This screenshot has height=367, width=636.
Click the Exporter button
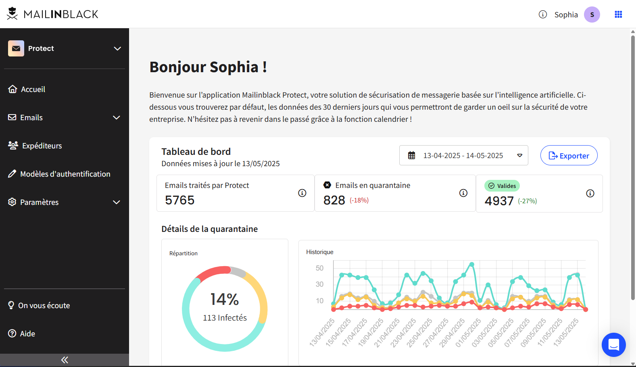click(x=569, y=156)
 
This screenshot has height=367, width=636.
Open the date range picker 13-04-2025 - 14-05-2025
click(x=463, y=156)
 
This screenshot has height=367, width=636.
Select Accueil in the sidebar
click(x=33, y=89)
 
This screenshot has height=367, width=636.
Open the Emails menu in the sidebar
click(x=31, y=117)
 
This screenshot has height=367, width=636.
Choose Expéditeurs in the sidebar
click(x=42, y=146)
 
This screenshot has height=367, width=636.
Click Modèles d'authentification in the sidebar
click(x=65, y=174)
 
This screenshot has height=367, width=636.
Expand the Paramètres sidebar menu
click(x=39, y=202)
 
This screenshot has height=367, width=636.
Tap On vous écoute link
click(x=44, y=305)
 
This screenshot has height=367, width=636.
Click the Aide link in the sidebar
click(x=27, y=334)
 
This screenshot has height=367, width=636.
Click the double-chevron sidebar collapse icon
click(x=65, y=360)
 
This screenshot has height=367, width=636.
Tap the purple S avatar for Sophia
click(x=592, y=15)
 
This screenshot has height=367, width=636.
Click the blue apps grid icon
click(x=618, y=15)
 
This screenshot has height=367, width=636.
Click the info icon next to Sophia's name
click(x=543, y=15)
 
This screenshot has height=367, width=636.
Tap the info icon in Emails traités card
click(x=302, y=193)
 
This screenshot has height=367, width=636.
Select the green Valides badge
click(x=502, y=186)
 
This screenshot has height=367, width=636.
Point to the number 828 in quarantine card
click(x=334, y=200)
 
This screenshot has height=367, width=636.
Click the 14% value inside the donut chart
click(x=225, y=299)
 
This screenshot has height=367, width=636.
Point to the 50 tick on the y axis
click(x=319, y=268)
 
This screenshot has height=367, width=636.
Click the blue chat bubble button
click(x=613, y=345)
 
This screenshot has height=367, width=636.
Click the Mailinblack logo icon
click(x=13, y=14)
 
